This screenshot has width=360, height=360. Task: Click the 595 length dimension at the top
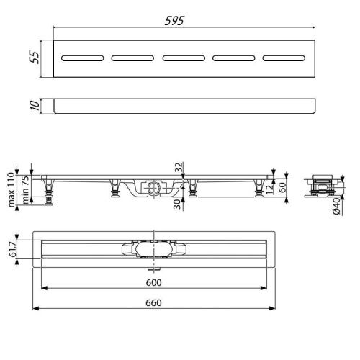tap(174, 21)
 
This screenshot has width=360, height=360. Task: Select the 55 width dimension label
tap(35, 57)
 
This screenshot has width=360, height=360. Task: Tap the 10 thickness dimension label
tap(35, 106)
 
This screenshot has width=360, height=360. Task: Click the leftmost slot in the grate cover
tap(83, 58)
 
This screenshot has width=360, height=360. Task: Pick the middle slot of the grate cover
tap(184, 58)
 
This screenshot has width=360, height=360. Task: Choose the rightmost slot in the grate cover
tap(284, 58)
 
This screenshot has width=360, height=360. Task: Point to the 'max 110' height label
tap(12, 189)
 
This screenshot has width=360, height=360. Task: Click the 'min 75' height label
tap(25, 189)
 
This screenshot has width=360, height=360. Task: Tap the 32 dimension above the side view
tap(179, 167)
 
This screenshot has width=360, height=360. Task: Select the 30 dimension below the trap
tap(177, 204)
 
